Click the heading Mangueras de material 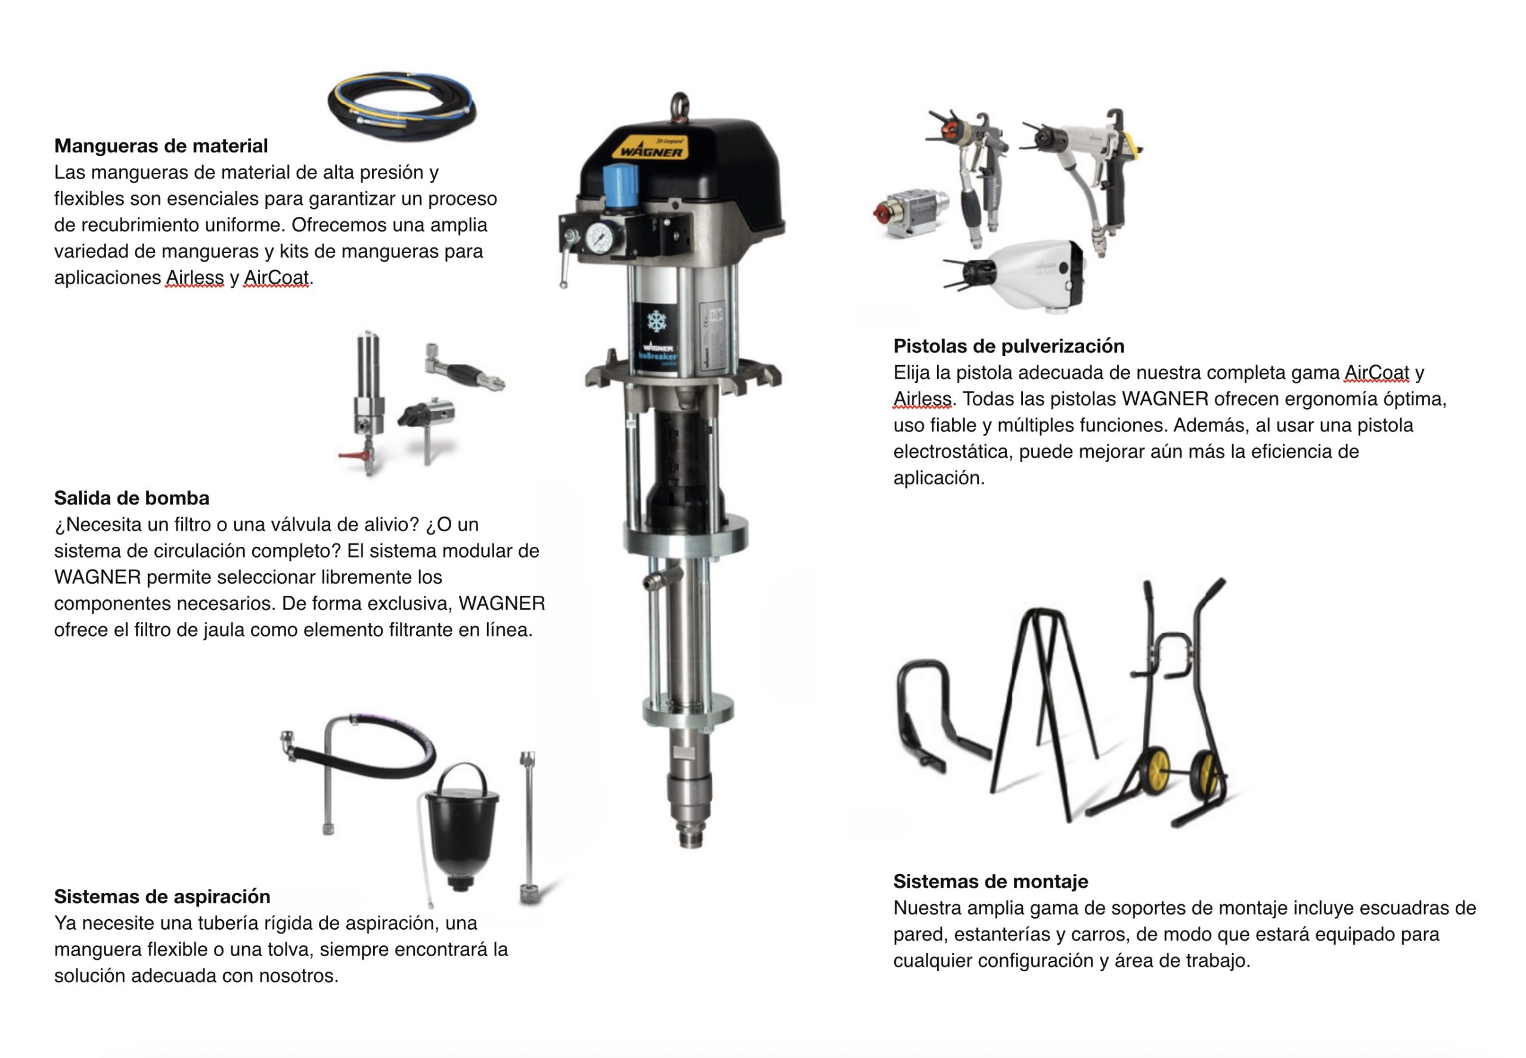(x=160, y=146)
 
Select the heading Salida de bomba (x=131, y=498)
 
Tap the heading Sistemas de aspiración (x=162, y=896)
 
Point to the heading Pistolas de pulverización (x=1009, y=346)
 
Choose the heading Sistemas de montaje (x=990, y=881)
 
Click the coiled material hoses (x=402, y=106)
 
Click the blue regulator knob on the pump (x=620, y=183)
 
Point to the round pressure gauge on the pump (x=600, y=237)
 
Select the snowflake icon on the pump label (x=656, y=322)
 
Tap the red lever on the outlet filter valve (x=352, y=455)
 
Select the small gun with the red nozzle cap (x=909, y=212)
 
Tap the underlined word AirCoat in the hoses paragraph (x=277, y=278)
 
